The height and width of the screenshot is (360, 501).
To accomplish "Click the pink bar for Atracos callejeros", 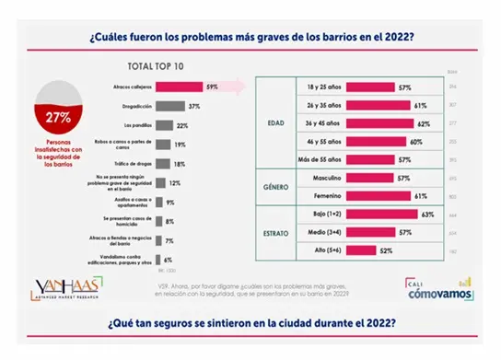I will tap(180, 88).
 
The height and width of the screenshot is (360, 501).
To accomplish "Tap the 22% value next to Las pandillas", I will tap(182, 125).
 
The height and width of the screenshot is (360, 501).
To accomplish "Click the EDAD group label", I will tap(274, 121).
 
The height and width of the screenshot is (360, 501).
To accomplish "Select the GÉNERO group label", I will tap(274, 185).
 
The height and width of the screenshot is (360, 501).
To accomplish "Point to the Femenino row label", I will tap(325, 195).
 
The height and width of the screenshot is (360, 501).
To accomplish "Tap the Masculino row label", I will tap(325, 178).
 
